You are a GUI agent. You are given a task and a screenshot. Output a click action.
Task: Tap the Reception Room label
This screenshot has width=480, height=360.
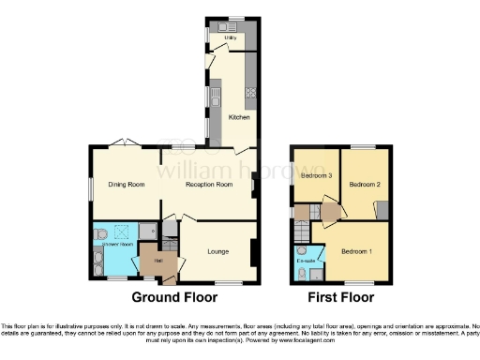(208, 185)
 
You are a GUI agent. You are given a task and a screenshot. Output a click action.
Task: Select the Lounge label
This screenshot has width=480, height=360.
(218, 251)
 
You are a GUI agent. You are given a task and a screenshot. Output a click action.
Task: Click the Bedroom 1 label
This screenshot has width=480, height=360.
(356, 251)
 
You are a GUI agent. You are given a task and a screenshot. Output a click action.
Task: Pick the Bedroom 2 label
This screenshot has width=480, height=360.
(364, 185)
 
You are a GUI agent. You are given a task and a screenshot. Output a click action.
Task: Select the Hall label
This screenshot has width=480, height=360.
(159, 260)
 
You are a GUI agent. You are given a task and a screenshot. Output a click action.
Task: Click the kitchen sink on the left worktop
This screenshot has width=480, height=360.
(215, 96)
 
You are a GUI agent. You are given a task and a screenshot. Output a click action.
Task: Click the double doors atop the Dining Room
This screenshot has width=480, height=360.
(120, 143)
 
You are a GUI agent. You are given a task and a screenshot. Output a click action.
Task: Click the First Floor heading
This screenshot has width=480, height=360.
(342, 297)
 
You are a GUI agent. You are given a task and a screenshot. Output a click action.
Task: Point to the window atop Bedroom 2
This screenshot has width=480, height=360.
(362, 146)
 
